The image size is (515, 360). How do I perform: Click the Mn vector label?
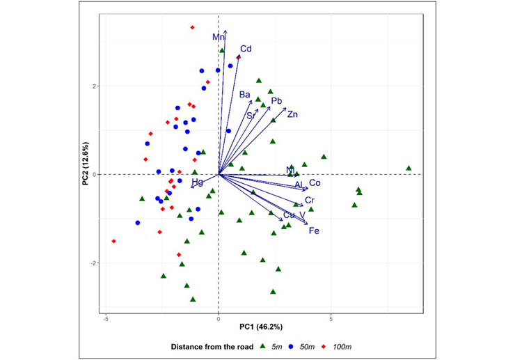point(219,37)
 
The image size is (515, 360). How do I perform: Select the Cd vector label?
point(246,49)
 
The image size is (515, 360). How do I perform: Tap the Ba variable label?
point(244,95)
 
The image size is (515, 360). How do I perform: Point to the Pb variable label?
point(276,101)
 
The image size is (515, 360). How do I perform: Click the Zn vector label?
point(292,114)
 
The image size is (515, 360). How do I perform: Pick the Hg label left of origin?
point(198,182)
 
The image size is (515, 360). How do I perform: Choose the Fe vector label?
point(314,230)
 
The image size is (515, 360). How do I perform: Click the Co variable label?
point(315,183)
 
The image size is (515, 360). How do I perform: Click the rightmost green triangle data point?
point(409,168)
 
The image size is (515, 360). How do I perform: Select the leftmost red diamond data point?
point(113,241)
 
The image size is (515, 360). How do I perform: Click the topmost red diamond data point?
point(192,27)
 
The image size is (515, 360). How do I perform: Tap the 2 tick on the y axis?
point(92,86)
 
